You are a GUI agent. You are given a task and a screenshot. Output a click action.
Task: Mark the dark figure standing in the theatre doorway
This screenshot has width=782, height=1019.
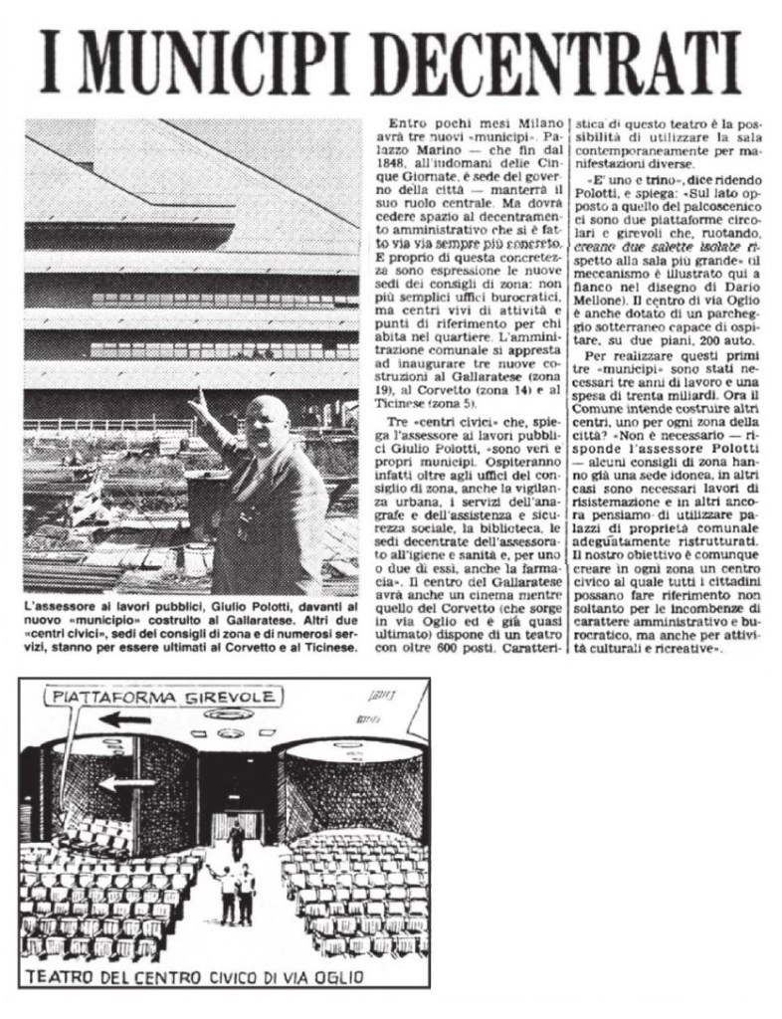tap(236, 839)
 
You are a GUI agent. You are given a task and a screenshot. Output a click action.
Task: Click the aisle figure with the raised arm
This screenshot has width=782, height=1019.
tap(226, 889)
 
